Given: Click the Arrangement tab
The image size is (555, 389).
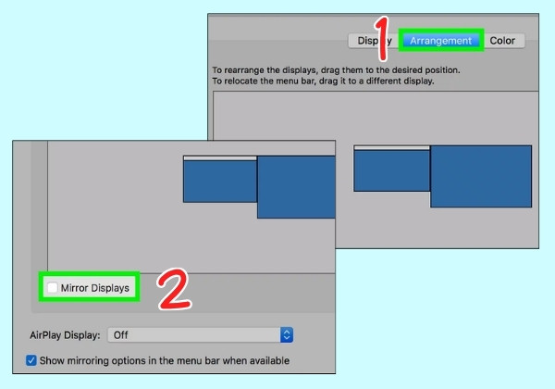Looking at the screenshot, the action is [x=440, y=41].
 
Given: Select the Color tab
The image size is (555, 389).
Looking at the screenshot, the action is [x=502, y=41].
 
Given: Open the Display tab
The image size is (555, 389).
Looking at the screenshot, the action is [x=374, y=41].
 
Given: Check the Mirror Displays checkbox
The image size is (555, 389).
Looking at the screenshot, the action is [x=53, y=287].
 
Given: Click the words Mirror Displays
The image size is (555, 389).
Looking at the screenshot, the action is [x=95, y=288].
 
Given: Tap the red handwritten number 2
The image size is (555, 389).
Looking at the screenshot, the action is [x=175, y=290].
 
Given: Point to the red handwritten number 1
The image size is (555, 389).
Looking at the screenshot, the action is [x=382, y=38].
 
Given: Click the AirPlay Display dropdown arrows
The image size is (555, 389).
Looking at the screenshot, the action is [x=287, y=334].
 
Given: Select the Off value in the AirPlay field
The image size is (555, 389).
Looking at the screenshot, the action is [x=120, y=334].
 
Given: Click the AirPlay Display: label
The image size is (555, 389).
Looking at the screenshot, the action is [x=65, y=335].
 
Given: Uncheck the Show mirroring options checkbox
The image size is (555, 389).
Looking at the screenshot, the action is [x=31, y=360].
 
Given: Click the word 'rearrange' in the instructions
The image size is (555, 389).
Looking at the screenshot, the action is [x=244, y=70].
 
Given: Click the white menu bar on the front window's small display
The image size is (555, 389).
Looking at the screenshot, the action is [x=220, y=158].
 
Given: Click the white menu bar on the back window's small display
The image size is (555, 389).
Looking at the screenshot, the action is [x=392, y=148].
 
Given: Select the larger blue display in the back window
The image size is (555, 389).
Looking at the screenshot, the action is [x=481, y=176].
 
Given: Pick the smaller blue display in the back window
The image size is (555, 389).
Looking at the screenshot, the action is [x=392, y=170].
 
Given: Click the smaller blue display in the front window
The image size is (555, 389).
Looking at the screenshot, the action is [x=220, y=182].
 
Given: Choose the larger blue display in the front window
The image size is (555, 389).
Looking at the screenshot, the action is [x=296, y=187].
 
